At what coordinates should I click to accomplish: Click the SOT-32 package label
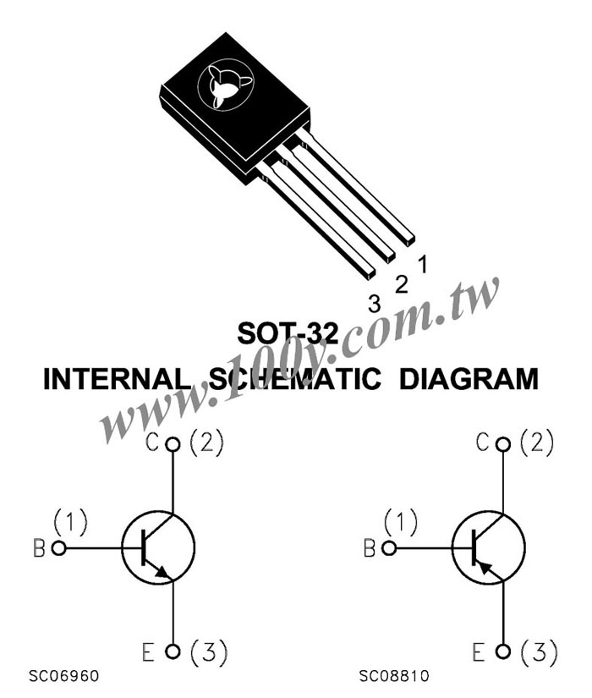click(288, 333)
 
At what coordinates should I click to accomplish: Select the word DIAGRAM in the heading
click(469, 379)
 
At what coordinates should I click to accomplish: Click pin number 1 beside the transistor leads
click(423, 264)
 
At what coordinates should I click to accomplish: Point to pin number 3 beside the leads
click(375, 304)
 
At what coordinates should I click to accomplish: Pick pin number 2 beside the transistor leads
click(402, 284)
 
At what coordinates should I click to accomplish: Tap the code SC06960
click(63, 676)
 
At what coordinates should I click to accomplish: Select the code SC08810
click(394, 676)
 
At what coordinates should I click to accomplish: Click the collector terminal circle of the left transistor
click(173, 444)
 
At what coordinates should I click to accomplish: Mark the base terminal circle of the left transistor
click(58, 548)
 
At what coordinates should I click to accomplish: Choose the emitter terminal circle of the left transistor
click(173, 651)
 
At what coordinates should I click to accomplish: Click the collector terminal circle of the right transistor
click(503, 444)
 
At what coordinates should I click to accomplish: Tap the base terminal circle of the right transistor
click(389, 548)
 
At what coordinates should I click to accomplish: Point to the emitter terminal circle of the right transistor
click(503, 651)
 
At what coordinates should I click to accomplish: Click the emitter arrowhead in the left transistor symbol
click(164, 573)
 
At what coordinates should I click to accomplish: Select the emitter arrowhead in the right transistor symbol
click(484, 566)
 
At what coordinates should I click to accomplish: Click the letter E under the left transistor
click(148, 652)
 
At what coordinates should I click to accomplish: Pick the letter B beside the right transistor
click(370, 548)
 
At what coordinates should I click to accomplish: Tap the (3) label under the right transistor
click(539, 652)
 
